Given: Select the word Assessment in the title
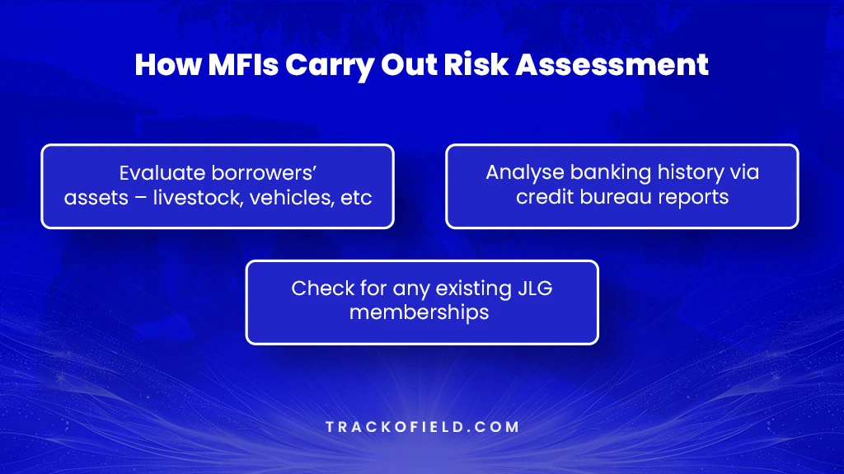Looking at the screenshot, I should click(613, 65).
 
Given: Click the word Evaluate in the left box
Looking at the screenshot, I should click(157, 173).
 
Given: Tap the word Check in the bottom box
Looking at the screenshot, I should click(317, 289).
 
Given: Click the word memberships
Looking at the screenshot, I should click(420, 313).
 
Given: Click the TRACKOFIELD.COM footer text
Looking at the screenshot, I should click(421, 427).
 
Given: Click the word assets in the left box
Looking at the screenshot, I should click(91, 199).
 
